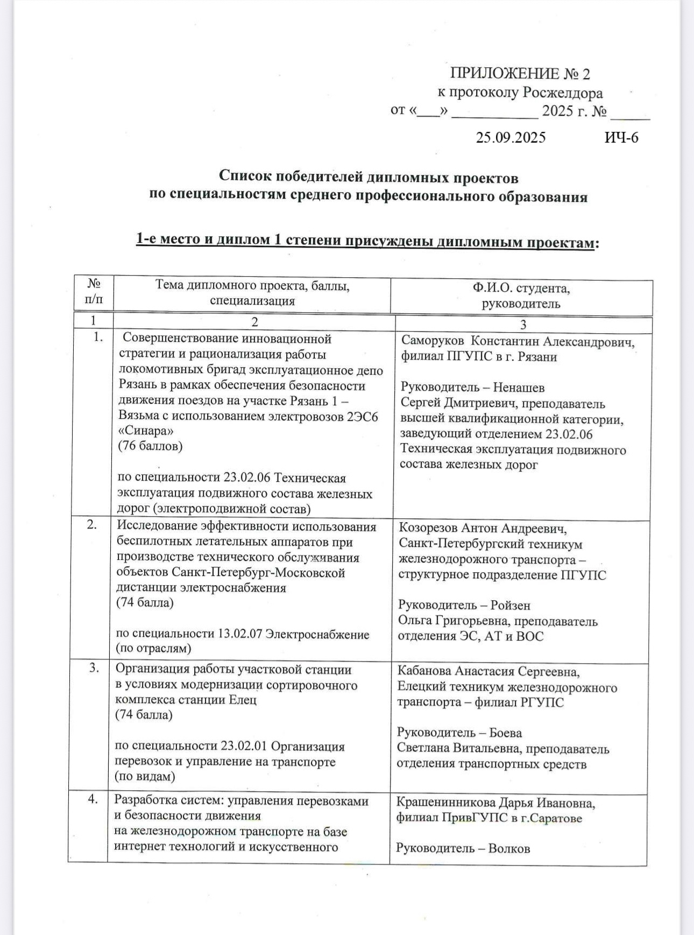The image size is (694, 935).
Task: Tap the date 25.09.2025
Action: (x=511, y=138)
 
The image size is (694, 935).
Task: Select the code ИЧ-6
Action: (x=621, y=138)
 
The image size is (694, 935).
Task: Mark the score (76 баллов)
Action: (x=150, y=446)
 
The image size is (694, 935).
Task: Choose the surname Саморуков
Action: (x=433, y=341)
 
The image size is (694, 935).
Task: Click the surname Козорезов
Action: (x=431, y=529)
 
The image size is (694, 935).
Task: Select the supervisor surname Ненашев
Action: (x=519, y=388)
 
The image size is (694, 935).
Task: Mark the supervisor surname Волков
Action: (x=509, y=849)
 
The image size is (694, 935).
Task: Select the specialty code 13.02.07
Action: (x=239, y=634)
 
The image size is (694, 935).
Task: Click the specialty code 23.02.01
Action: (x=244, y=747)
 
